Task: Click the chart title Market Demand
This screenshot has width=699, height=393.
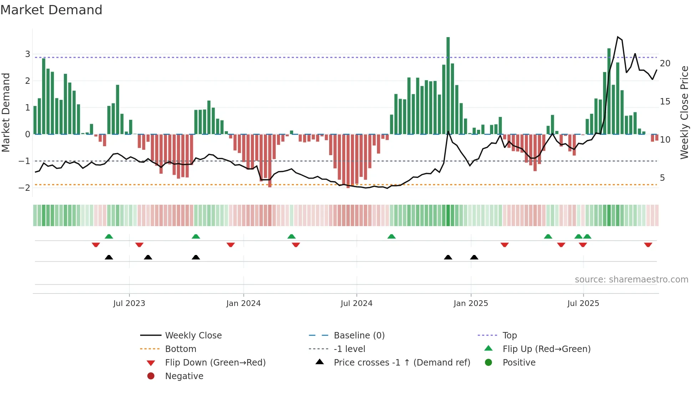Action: [x=51, y=10]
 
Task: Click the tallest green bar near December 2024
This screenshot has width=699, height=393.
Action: [x=448, y=86]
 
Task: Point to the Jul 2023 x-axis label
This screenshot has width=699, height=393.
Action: [x=129, y=303]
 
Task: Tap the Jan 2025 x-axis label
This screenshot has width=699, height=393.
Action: [x=470, y=303]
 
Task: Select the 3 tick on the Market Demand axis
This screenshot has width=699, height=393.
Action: [x=27, y=54]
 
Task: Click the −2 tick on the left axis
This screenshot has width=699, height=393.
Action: [x=25, y=188]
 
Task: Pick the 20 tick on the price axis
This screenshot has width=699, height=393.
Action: [x=665, y=63]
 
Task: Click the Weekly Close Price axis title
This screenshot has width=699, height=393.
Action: [x=684, y=112]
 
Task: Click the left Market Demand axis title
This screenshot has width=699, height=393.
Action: [x=6, y=112]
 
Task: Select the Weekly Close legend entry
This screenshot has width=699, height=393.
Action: [x=193, y=336]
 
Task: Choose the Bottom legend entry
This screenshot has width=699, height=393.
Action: [x=180, y=349]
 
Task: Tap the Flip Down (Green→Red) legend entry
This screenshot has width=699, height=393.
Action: [x=215, y=363]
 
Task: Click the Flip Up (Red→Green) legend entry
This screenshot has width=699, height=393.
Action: [x=546, y=349]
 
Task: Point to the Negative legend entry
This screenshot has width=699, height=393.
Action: [x=184, y=376]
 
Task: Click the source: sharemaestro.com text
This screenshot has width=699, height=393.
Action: [x=631, y=280]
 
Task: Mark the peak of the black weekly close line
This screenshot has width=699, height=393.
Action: [x=618, y=37]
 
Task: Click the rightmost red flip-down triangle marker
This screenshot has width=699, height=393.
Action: [x=648, y=245]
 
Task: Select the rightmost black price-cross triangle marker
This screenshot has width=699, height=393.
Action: [x=474, y=257]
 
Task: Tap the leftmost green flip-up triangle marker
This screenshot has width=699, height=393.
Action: [x=109, y=236]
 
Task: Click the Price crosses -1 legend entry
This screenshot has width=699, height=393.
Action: [x=402, y=363]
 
